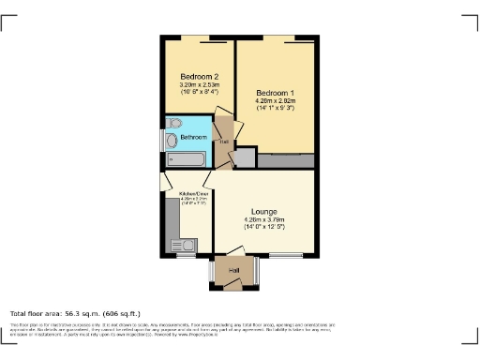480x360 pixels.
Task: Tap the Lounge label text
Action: (x=263, y=212)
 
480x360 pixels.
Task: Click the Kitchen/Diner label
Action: (x=192, y=193)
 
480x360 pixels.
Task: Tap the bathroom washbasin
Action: (x=175, y=124)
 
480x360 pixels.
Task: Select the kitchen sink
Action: (x=182, y=246)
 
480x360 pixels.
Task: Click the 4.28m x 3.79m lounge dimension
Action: (x=263, y=219)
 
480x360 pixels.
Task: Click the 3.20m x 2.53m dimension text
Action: (x=199, y=84)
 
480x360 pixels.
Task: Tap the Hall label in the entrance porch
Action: (x=232, y=270)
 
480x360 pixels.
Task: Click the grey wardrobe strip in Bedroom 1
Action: (x=285, y=161)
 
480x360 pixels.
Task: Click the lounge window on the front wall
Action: (x=285, y=255)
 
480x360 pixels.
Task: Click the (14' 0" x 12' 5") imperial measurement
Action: (x=263, y=227)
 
